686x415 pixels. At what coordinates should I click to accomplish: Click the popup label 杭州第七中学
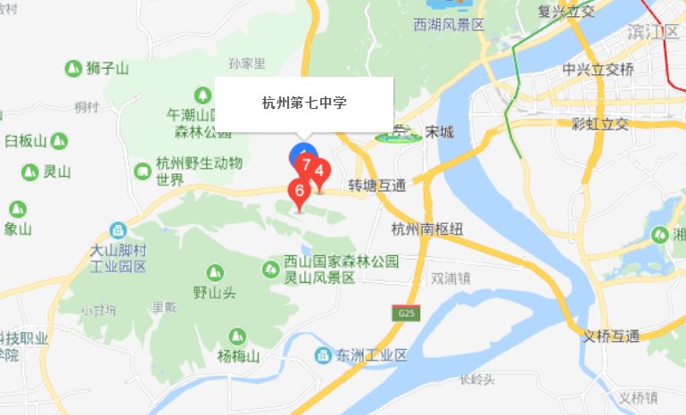click(304, 104)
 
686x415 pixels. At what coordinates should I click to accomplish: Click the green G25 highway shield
click(407, 313)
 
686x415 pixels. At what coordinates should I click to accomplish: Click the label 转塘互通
click(376, 187)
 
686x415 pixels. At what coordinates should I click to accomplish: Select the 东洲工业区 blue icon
click(323, 356)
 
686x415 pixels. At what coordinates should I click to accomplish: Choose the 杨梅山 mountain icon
click(236, 336)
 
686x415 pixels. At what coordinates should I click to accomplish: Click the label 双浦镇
click(450, 278)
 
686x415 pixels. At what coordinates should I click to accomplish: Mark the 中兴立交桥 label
click(599, 70)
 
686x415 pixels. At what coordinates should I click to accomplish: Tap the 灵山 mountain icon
click(29, 172)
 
